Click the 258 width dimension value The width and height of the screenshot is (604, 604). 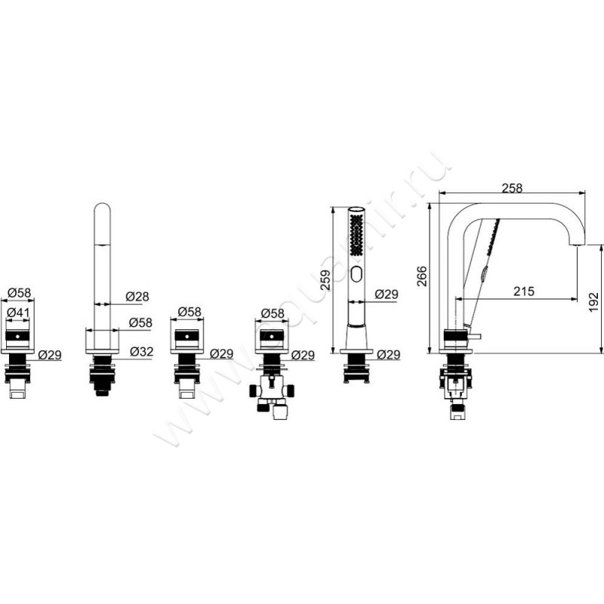click(513, 188)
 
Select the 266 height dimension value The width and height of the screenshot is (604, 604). click(423, 276)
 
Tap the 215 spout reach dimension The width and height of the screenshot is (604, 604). click(524, 291)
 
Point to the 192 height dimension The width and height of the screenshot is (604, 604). click(593, 303)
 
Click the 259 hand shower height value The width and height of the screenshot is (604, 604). click(325, 279)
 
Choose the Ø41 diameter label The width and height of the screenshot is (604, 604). click(18, 313)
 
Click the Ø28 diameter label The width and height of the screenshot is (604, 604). click(137, 296)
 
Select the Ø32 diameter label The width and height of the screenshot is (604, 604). click(141, 351)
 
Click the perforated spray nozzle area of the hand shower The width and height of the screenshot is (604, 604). click(357, 234)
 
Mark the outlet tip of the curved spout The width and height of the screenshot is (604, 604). click(577, 245)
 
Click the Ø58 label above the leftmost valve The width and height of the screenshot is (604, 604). click(20, 293)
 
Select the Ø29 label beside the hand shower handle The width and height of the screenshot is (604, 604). click(387, 294)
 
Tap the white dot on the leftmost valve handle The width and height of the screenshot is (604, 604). click(17, 336)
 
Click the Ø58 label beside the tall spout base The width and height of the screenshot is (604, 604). click(140, 322)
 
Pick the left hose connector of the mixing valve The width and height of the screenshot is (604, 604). click(254, 390)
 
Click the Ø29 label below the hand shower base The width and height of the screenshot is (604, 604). click(389, 354)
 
